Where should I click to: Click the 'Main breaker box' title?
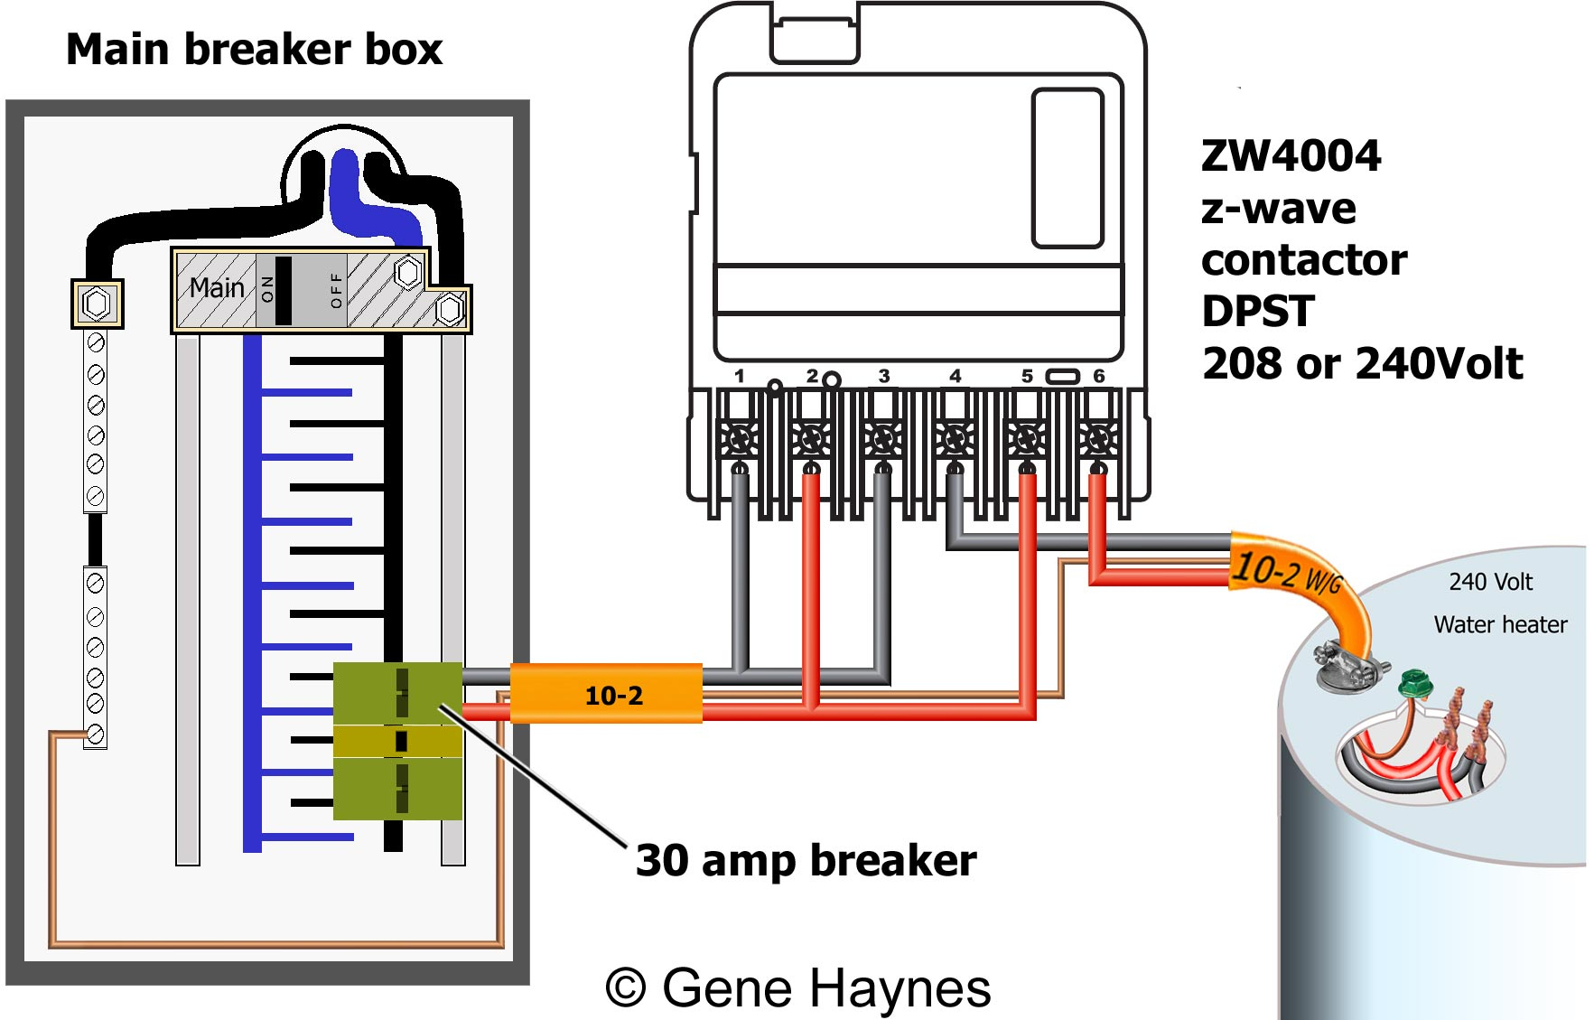point(254,49)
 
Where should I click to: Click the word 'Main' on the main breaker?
point(217,287)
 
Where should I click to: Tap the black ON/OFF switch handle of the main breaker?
point(283,290)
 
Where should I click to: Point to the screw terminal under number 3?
point(882,440)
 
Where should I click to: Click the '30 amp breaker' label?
point(806,859)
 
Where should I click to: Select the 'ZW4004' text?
point(1291,155)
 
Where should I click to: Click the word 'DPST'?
point(1257,312)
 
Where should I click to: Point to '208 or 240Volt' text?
point(1362,363)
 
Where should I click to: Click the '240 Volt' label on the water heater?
point(1490,582)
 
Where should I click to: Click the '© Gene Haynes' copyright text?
point(798,987)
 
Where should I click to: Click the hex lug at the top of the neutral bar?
point(97,303)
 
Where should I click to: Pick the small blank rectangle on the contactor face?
point(1067,168)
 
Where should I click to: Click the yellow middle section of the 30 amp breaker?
point(397,741)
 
